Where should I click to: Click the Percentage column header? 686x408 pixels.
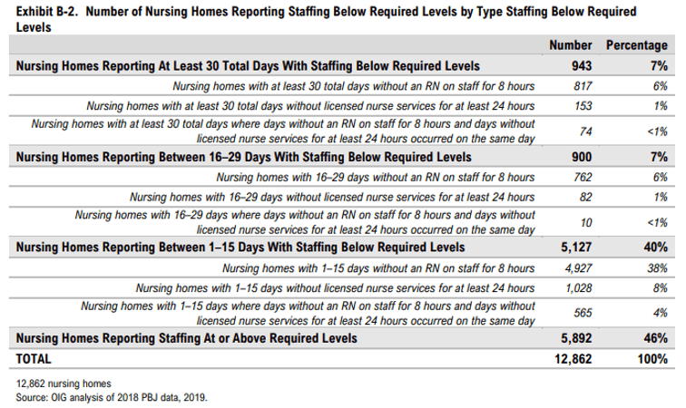coord(637,45)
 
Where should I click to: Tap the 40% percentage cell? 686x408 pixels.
coord(656,247)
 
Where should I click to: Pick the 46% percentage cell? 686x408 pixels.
coord(656,337)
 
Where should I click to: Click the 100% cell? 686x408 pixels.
coord(652,359)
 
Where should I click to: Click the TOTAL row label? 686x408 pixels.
coord(37,359)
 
